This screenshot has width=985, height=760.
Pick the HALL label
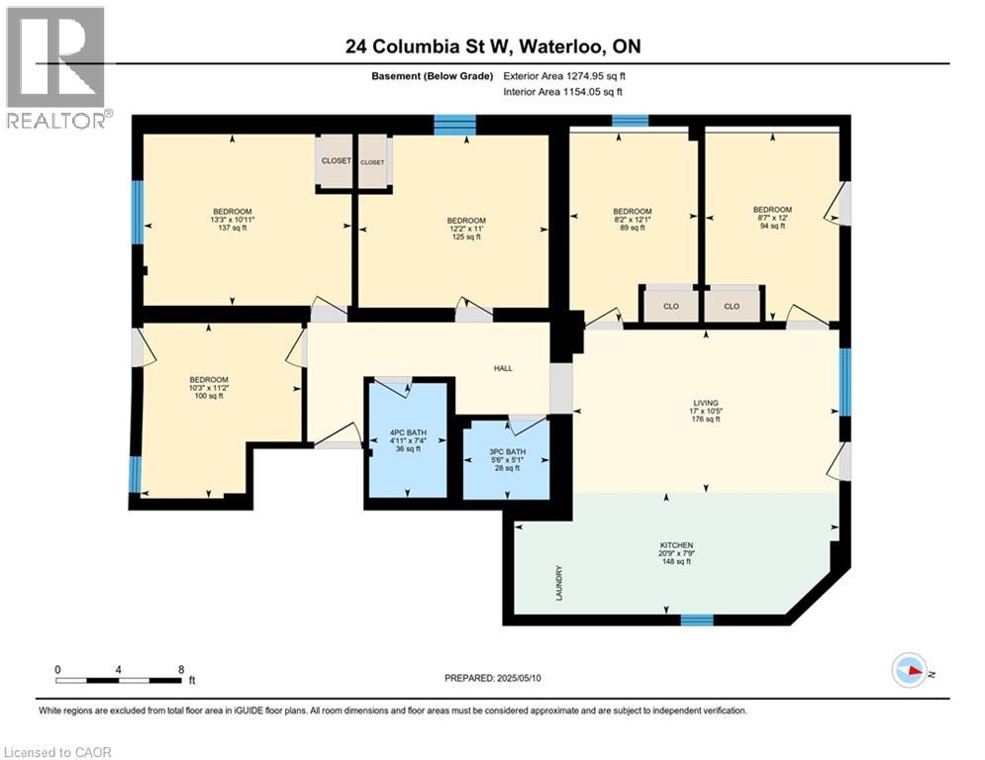503,369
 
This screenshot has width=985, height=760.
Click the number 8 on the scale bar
181,669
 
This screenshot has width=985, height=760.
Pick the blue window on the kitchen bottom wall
696,620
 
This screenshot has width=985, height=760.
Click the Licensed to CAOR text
57,752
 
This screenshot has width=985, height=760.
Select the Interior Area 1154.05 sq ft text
563,92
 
